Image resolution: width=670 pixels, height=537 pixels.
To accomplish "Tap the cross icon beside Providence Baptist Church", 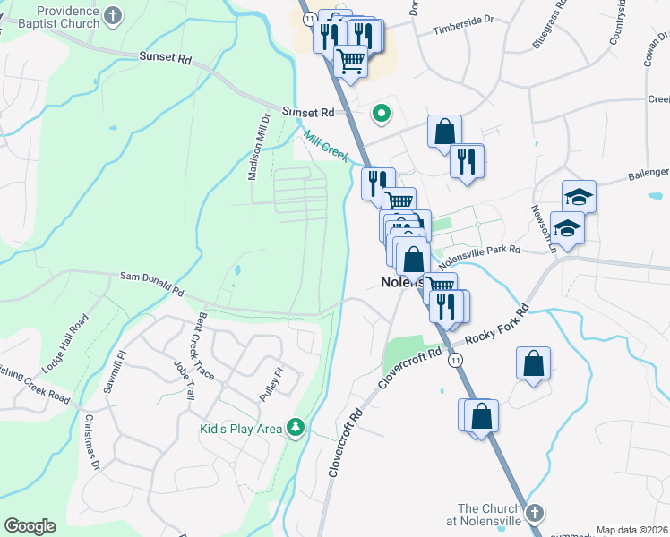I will pos(114,15).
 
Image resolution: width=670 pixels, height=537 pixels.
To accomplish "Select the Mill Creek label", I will pos(325,145).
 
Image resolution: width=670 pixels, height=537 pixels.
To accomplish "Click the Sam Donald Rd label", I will pos(151,285).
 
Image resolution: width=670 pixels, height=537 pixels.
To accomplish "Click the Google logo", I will pos(30,526).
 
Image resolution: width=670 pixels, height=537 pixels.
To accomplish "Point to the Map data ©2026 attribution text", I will pos(631,530).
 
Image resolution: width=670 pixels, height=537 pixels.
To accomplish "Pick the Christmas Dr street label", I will pos(90,439).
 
